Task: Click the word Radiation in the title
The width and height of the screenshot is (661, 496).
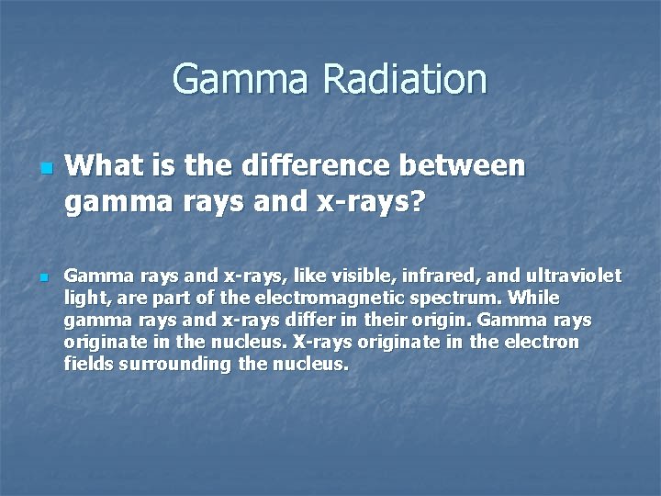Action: tap(404, 79)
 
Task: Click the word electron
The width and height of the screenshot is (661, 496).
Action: tap(545, 343)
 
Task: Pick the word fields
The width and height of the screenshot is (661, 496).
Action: tap(86, 364)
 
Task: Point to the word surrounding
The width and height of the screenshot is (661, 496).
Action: tap(174, 365)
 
